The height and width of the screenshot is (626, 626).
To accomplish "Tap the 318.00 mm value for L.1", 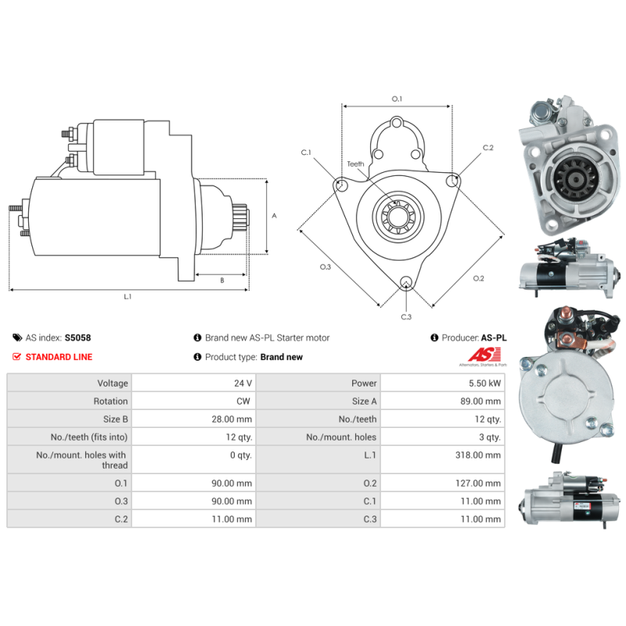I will click(481, 455).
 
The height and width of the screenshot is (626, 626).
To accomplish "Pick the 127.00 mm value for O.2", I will click(481, 484).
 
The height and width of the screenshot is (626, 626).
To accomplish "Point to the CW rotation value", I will click(245, 401).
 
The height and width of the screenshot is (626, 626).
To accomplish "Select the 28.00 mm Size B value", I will click(235, 419).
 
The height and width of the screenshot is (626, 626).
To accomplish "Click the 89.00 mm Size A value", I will click(481, 401).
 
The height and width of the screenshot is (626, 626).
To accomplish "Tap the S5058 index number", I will click(77, 338).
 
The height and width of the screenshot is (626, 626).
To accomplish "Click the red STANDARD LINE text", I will click(59, 357).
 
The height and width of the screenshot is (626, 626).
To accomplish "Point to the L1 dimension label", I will click(128, 297).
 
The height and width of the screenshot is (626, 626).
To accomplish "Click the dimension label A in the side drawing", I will click(273, 216).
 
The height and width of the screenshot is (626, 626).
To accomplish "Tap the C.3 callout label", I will click(405, 316).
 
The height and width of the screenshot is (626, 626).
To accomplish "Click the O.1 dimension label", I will click(397, 99).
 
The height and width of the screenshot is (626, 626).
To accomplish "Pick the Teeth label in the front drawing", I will click(355, 164).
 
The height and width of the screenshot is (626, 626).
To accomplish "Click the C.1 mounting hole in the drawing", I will click(341, 185).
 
